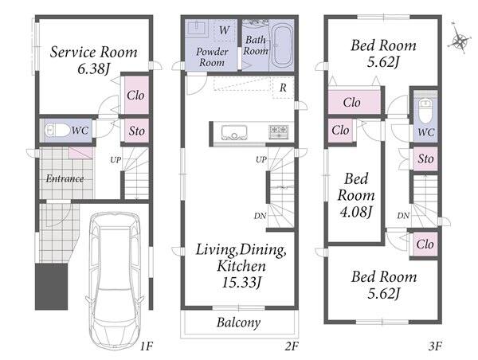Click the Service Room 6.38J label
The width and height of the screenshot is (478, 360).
click(93, 60)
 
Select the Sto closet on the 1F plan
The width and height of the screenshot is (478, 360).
click(136, 131)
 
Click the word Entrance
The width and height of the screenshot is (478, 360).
click(65, 178)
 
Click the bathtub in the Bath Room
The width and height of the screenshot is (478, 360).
click(282, 46)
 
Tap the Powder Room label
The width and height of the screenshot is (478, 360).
click(212, 57)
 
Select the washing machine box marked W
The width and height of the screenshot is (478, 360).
click(225, 30)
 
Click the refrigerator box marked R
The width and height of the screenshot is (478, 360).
click(283, 88)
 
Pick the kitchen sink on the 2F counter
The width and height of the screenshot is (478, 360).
click(234, 133)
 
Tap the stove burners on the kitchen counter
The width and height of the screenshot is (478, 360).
click(279, 132)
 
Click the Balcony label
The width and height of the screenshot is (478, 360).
click(239, 323)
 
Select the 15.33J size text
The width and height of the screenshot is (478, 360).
click(241, 283)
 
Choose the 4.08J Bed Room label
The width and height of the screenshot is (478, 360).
click(356, 195)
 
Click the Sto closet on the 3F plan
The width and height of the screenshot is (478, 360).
click(425, 158)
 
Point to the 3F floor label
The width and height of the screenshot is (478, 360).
click(435, 346)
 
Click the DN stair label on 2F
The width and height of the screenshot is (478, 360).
click(260, 216)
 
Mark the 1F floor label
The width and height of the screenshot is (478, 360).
click(146, 346)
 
